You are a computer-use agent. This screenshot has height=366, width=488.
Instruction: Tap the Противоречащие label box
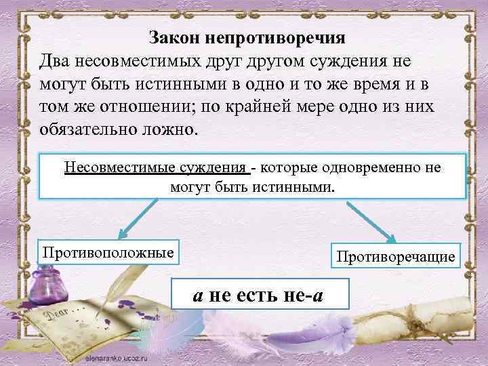(394, 256)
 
